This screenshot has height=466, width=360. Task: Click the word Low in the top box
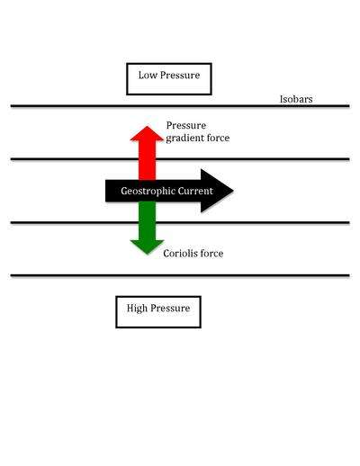coord(148,75)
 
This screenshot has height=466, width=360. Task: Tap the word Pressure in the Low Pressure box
coord(180,75)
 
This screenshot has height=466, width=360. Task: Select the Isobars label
coord(296,99)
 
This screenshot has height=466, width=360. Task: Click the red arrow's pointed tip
coord(147,126)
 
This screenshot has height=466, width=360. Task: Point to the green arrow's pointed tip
coord(147,254)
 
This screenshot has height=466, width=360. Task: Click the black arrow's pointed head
coord(233,191)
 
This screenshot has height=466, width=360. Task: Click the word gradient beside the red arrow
coord(182,139)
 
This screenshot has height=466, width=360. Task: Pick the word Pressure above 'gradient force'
coord(186,125)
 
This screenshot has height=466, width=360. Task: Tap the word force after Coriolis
coord(211,254)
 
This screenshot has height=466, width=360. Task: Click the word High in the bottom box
coord(137,309)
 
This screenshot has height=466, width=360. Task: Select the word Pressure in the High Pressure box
coord(170,308)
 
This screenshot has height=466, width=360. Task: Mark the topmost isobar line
coord(180,106)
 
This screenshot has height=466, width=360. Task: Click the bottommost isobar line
coord(180,275)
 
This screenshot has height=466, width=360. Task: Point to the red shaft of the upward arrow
coord(147,160)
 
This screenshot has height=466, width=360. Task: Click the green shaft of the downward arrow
coord(147,220)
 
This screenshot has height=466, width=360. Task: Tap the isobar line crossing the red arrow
coord(180,159)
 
